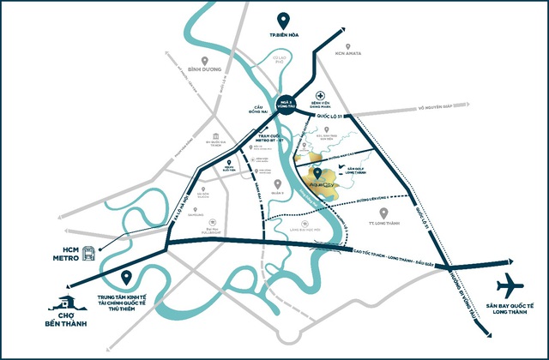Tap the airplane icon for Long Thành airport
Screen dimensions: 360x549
point(513,283)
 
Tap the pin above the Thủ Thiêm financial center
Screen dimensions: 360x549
point(128,277)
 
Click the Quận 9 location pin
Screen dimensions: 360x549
point(277,183)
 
